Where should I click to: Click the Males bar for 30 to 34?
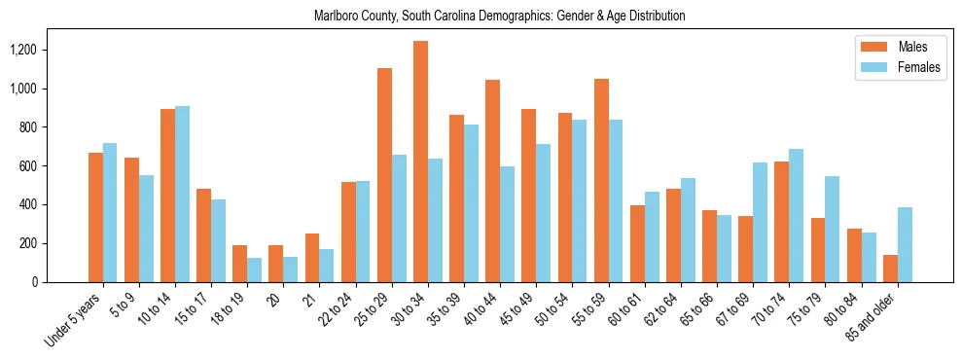(420, 162)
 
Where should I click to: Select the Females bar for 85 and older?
(905, 244)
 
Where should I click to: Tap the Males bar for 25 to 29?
(384, 175)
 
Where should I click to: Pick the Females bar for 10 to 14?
(183, 194)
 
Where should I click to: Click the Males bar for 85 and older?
(890, 269)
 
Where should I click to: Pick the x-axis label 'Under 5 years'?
(74, 320)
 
